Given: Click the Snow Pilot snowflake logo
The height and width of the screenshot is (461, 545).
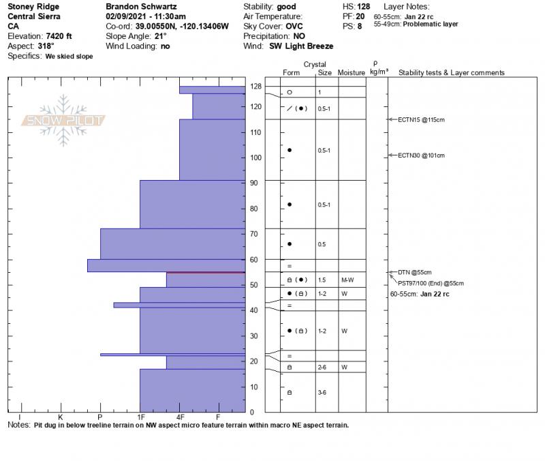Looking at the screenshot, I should pos(64,120).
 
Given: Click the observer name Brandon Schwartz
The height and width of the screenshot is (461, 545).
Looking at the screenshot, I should pos(140,6).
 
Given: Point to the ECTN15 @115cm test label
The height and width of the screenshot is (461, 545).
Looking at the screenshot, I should pos(420,120).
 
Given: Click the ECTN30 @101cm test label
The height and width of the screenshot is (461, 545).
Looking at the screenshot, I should pos(420,155).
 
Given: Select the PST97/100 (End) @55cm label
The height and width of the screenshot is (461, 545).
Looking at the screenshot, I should pos(431,283).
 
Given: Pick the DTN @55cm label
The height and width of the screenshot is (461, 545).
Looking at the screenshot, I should pos(414,273).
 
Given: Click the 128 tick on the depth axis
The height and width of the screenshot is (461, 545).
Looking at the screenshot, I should pos(256,87).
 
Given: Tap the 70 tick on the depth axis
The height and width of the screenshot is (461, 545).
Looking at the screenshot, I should pos(254,234).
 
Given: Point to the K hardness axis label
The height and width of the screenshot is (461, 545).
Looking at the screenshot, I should pos(60,417).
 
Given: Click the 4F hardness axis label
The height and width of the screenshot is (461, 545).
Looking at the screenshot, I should pos(180,417).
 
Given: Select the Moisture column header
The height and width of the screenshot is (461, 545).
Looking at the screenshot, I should pos(352,72).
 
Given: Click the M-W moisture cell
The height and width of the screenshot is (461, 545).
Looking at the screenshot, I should pos(347,280).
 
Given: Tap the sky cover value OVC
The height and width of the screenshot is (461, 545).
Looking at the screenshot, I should pos(294,26).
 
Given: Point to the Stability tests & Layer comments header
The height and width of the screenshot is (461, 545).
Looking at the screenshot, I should pos(451,72).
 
